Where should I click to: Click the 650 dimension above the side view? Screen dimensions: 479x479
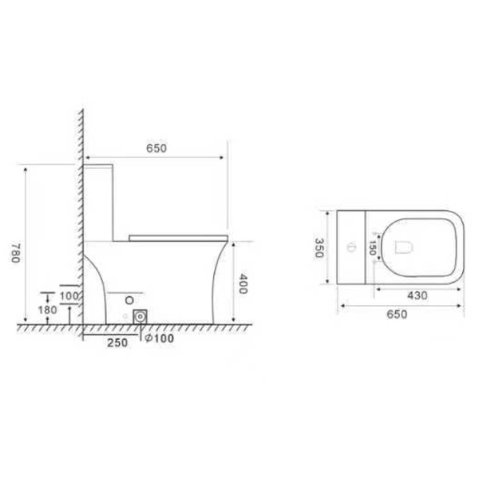click(156, 148)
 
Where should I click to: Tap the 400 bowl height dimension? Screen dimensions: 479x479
click(242, 283)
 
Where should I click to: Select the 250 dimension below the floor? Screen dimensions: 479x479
click(117, 342)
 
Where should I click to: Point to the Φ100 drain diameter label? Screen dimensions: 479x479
click(159, 338)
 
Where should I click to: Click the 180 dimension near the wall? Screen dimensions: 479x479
click(47, 310)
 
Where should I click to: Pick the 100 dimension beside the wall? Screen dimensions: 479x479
click(69, 295)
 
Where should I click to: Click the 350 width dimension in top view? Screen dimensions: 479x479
click(319, 247)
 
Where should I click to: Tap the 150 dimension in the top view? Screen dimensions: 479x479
click(372, 247)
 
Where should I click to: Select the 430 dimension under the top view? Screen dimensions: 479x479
click(418, 295)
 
